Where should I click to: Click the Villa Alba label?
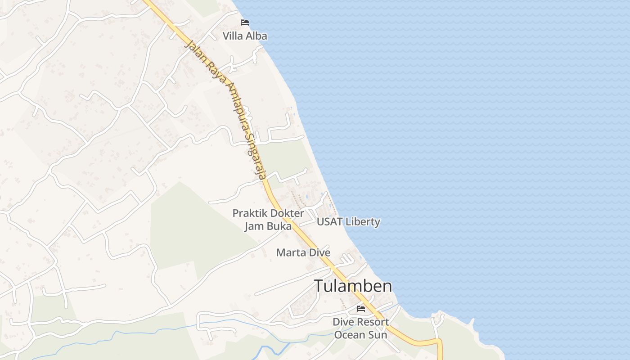point(245,36)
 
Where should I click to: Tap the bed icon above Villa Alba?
point(245,22)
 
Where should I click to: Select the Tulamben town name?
point(353,286)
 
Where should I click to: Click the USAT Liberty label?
point(348,222)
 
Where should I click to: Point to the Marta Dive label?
point(303,252)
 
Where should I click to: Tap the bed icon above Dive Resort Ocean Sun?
point(360,309)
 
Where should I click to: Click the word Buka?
point(279,226)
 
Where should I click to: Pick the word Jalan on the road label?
point(194,50)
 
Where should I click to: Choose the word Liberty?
point(364,222)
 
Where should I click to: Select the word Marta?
point(289,252)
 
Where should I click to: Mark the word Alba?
point(256,36)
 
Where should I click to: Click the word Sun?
point(378,335)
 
